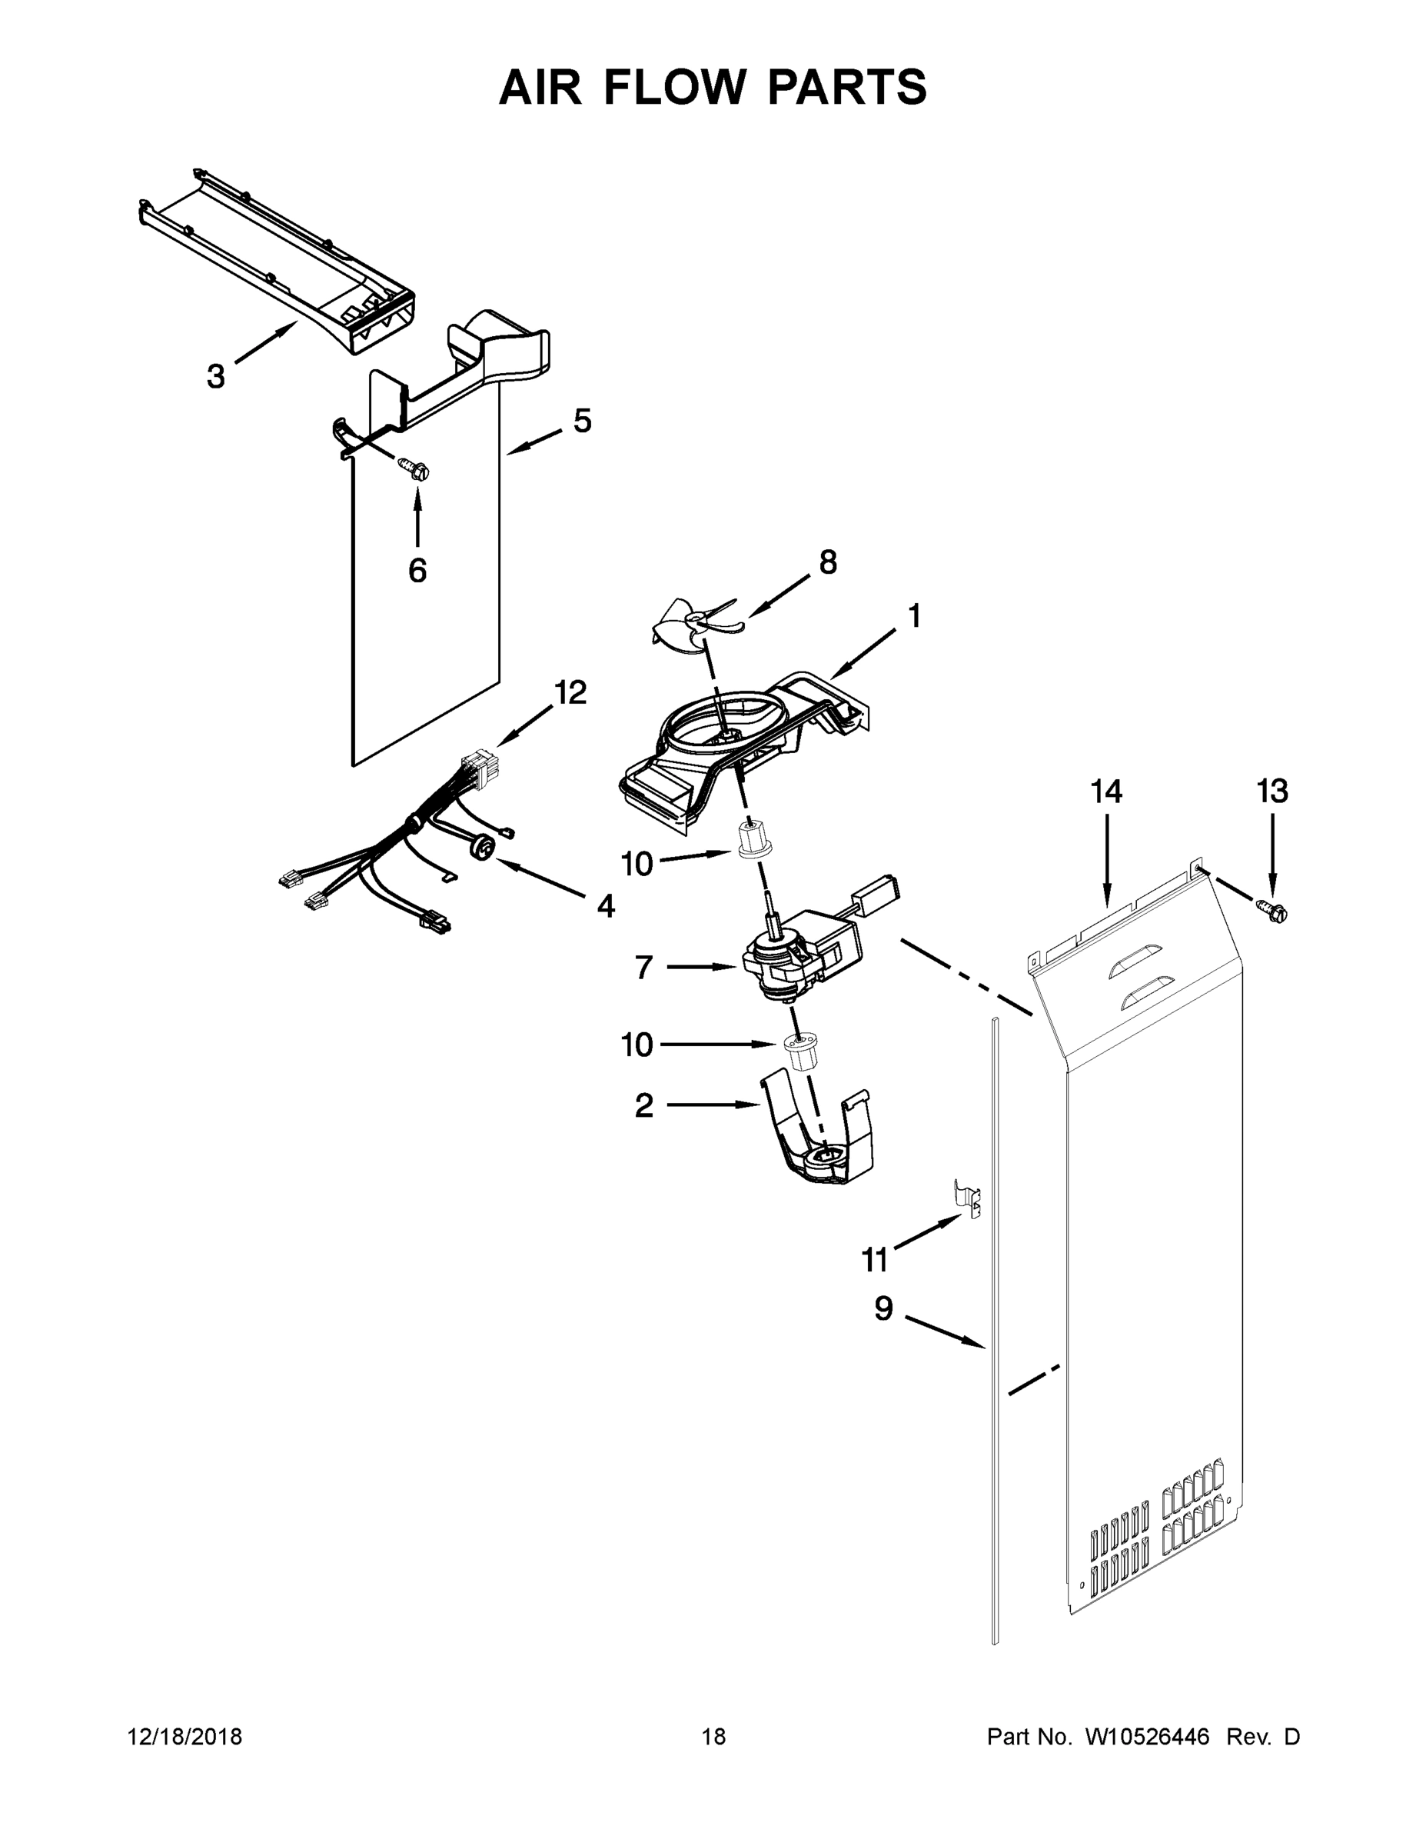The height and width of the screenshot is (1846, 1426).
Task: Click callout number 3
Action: coord(216,376)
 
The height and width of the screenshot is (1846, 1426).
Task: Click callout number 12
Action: coord(570,692)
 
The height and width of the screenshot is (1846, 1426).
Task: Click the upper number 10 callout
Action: coord(637,863)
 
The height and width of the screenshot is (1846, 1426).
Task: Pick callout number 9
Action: coord(883,1308)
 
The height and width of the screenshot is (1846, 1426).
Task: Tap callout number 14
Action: coord(1106,792)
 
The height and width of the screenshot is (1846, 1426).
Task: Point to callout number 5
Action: coord(582,420)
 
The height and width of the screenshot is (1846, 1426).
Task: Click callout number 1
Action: coord(913,616)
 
